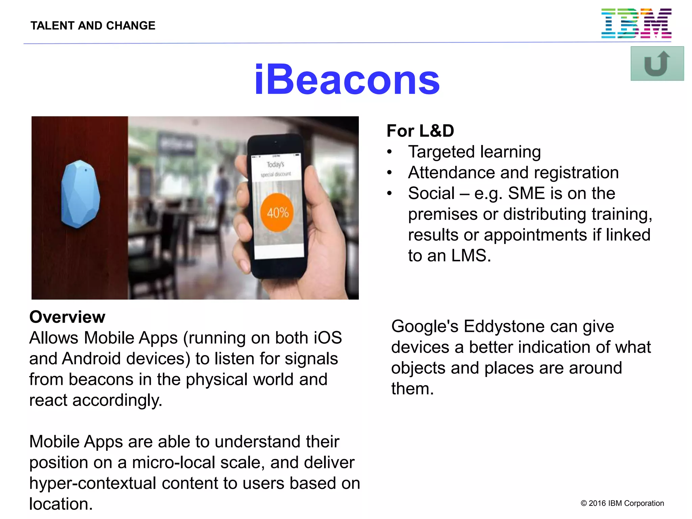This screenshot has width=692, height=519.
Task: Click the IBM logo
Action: [636, 23]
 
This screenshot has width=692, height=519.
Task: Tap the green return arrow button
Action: [657, 64]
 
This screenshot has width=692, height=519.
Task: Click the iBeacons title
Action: [347, 80]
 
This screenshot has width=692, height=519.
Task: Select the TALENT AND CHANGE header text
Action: [93, 26]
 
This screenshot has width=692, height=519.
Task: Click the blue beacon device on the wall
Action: [80, 194]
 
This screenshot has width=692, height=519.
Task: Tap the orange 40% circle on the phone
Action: [277, 213]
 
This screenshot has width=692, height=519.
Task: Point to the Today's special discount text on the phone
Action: [276, 169]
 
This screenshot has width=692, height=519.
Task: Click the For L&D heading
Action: [420, 131]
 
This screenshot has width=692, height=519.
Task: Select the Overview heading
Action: [67, 317]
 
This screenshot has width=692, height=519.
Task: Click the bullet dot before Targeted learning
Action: [390, 152]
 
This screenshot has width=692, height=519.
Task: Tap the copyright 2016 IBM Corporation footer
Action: [622, 503]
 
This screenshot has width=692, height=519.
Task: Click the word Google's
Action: [424, 326]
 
